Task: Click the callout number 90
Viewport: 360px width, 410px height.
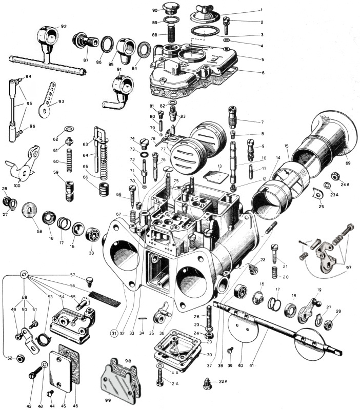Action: (x=155, y=10)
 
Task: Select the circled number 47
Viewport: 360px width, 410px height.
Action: (x=24, y=275)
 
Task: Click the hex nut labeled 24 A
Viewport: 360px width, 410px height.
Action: (x=334, y=176)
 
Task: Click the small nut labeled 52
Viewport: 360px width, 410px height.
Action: (x=22, y=358)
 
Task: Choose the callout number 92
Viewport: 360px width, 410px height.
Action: (x=64, y=26)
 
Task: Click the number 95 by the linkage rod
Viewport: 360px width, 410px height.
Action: (x=29, y=103)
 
